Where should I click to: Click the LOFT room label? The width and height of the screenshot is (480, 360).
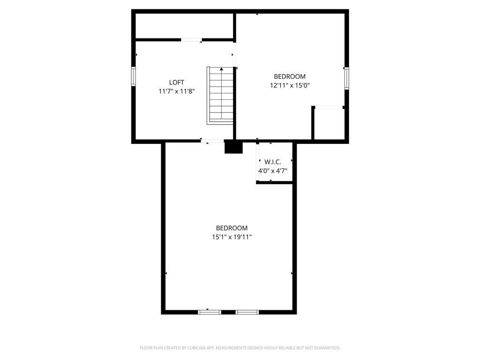click(177, 82)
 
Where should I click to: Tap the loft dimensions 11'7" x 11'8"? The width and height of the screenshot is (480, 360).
click(177, 91)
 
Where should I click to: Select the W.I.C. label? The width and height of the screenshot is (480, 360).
click(273, 162)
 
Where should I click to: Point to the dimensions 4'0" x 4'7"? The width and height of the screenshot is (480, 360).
click(273, 171)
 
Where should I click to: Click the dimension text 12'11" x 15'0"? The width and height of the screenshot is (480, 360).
click(290, 86)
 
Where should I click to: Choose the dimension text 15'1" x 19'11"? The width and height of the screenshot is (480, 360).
click(232, 237)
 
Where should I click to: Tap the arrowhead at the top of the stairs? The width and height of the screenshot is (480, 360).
click(221, 69)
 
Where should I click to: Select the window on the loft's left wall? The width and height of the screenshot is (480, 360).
click(134, 76)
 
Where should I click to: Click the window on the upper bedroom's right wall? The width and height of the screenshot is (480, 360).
click(347, 78)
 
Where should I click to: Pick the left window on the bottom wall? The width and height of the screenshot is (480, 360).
click(210, 312)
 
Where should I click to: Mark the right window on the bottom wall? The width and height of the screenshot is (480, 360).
click(247, 312)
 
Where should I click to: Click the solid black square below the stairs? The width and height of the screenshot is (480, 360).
click(233, 148)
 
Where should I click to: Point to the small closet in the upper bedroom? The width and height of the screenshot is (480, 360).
click(329, 124)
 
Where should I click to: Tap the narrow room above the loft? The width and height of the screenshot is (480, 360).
click(184, 26)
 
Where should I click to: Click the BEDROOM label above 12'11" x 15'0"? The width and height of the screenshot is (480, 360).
click(290, 76)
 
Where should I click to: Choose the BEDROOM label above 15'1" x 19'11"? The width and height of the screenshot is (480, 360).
click(232, 228)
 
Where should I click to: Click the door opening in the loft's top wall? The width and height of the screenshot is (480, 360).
click(191, 40)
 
